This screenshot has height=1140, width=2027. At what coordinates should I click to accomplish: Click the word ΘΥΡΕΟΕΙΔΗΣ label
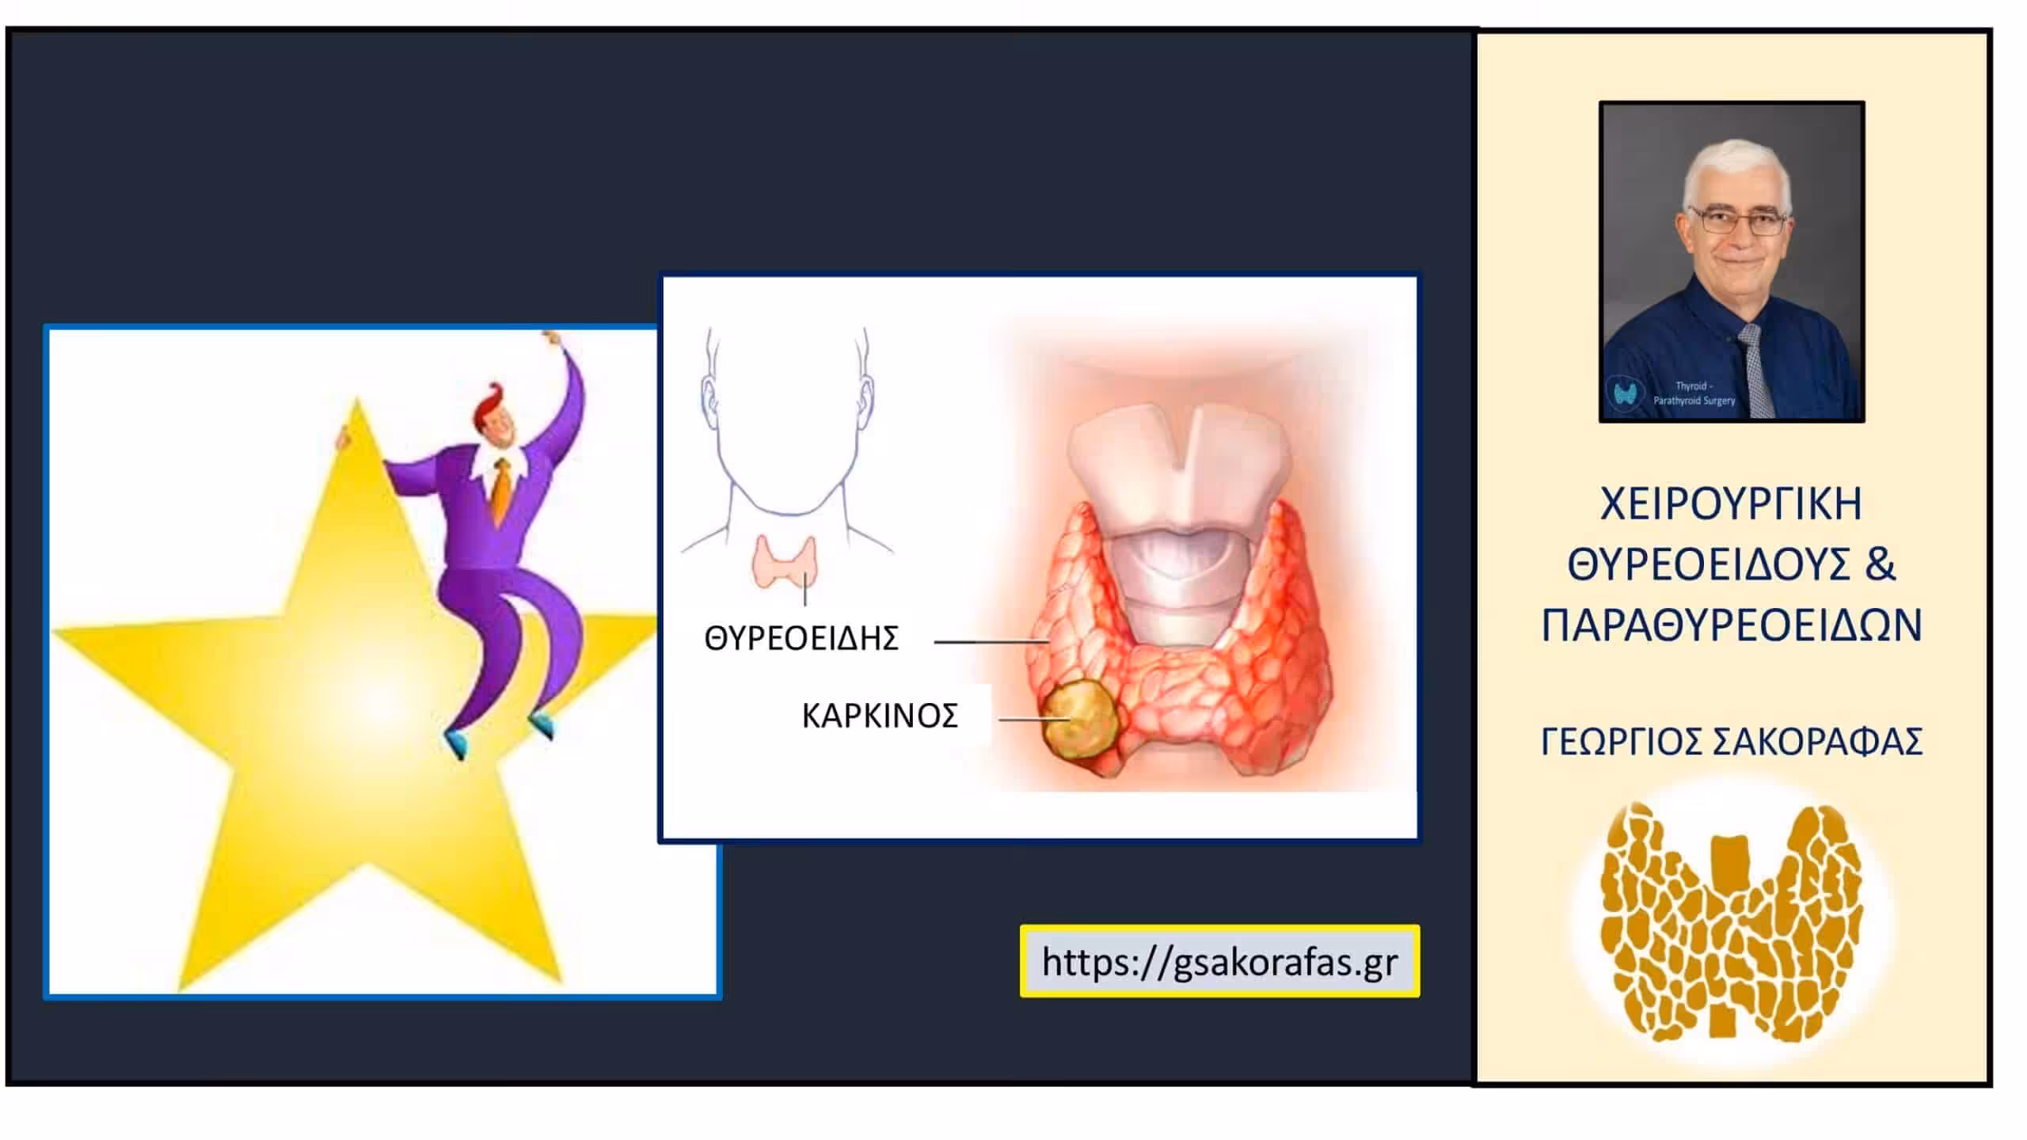click(x=801, y=638)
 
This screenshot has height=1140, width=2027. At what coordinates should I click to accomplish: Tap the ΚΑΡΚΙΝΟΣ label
click(x=880, y=716)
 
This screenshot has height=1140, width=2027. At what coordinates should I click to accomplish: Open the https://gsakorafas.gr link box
click(x=1219, y=961)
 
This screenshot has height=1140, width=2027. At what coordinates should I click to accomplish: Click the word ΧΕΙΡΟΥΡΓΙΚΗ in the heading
click(x=1731, y=504)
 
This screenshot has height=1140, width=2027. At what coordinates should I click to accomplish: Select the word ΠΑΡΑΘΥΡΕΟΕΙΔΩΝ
click(x=1732, y=625)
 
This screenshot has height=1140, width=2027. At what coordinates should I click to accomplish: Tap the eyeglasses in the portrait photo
click(x=1739, y=220)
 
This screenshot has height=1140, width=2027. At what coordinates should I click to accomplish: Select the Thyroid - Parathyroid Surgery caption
click(x=1694, y=393)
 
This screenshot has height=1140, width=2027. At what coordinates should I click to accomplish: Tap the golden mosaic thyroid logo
click(x=1731, y=922)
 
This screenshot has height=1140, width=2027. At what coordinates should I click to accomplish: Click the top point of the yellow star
click(x=356, y=397)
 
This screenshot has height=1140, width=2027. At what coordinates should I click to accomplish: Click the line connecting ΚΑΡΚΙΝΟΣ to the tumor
click(x=1034, y=720)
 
